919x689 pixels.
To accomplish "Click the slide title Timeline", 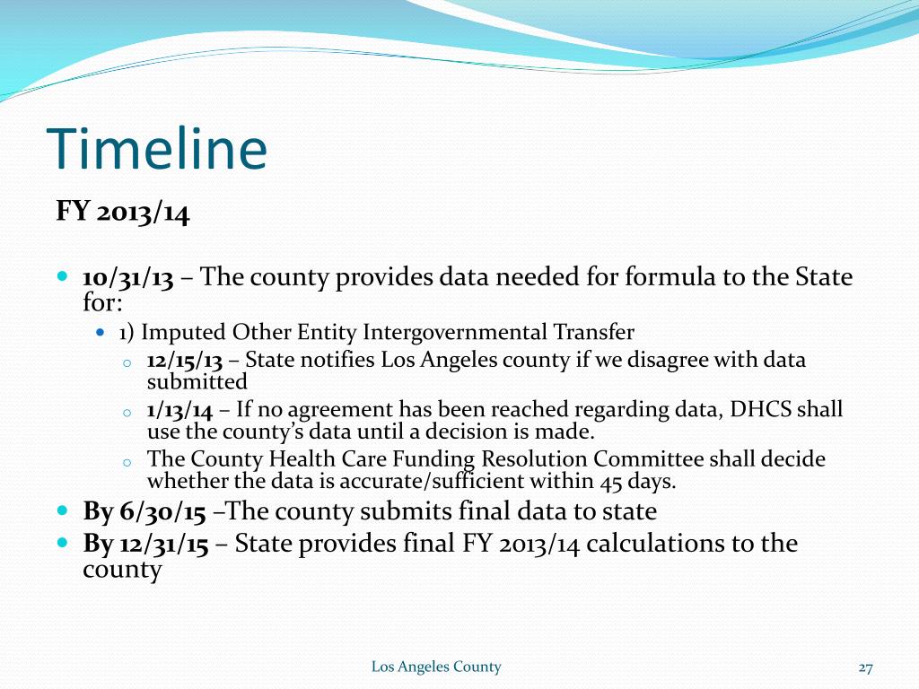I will click(x=156, y=149).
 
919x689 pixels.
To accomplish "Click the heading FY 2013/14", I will click(x=123, y=213).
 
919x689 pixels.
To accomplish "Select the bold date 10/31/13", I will click(x=127, y=276).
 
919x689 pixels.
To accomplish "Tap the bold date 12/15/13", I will click(x=184, y=361).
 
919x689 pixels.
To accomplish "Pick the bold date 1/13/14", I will click(x=179, y=411).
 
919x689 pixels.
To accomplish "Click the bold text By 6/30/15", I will click(x=144, y=512).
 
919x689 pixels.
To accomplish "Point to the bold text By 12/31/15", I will click(x=146, y=544).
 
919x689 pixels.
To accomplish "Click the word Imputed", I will click(x=184, y=333).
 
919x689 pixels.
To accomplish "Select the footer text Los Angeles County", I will click(x=436, y=667).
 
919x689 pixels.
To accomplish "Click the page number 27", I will click(x=865, y=667).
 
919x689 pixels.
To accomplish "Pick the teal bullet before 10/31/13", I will click(x=62, y=275).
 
